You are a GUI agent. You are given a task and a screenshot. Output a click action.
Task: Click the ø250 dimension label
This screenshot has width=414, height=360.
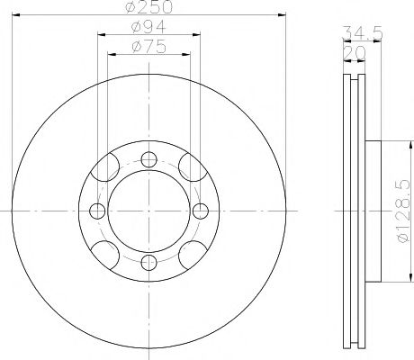(149, 7)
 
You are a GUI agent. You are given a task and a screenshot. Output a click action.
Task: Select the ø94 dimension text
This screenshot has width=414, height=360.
(148, 27)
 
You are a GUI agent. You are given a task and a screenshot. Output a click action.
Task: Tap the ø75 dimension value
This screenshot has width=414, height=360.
(148, 47)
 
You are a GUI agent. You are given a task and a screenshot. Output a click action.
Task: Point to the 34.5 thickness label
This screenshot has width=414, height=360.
(363, 32)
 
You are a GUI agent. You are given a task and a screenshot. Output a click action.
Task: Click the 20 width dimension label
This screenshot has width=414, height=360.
(354, 53)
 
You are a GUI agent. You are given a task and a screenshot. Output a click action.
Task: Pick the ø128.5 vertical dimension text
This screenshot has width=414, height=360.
(403, 211)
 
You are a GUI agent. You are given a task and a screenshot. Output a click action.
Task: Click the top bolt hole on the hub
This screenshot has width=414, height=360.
(148, 159)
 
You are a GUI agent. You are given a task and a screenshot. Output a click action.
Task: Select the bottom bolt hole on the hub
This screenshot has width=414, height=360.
(148, 263)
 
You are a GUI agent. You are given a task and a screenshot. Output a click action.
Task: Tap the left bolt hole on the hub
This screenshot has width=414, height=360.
(97, 211)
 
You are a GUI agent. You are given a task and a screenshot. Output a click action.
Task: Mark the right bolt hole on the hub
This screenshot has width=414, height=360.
(201, 211)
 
